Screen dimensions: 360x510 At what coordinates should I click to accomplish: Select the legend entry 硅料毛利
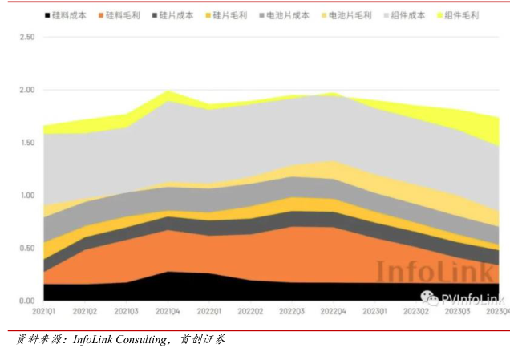click(x=123, y=15)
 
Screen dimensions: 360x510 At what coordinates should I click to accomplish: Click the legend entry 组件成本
click(x=407, y=15)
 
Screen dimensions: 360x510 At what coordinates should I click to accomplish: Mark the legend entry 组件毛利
click(x=461, y=15)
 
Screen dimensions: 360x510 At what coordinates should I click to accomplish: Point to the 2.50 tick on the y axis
click(x=26, y=38)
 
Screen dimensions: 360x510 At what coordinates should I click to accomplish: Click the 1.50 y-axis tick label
click(x=26, y=143)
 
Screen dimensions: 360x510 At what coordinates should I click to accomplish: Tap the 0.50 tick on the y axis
click(x=26, y=248)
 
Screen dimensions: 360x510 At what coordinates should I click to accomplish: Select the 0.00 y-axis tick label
click(x=26, y=301)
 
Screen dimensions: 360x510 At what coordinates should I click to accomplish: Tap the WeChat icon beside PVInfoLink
click(x=431, y=299)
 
